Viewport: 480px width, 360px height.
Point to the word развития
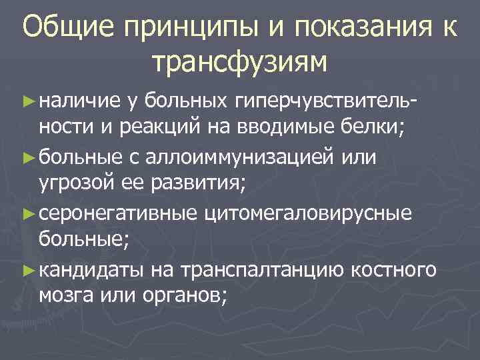(201, 183)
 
